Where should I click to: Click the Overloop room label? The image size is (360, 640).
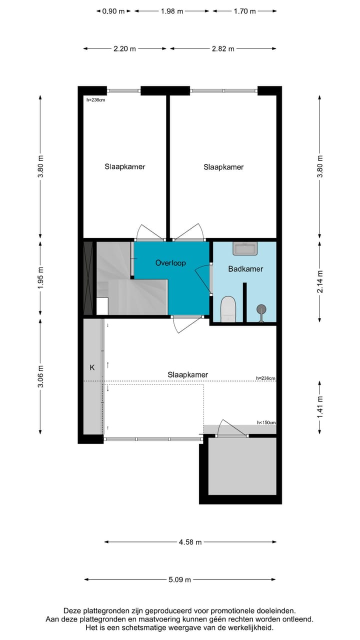point(170,262)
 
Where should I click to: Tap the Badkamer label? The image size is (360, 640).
point(245,269)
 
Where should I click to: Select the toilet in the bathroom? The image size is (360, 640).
point(228,309)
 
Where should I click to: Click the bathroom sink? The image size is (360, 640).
point(245,248)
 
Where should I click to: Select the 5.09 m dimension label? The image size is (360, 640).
point(180,580)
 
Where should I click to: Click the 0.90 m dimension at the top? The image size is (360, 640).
point(113,11)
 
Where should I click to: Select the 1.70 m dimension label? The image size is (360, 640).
point(244,11)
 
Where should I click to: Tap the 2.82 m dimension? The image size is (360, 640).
point(223,49)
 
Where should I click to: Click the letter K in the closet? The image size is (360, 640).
point(92,367)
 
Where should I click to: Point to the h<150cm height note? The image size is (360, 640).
point(266,422)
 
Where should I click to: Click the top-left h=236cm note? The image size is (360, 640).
point(96,100)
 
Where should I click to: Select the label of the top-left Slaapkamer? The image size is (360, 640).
point(124,166)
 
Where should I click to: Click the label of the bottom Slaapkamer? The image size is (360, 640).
point(187,374)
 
